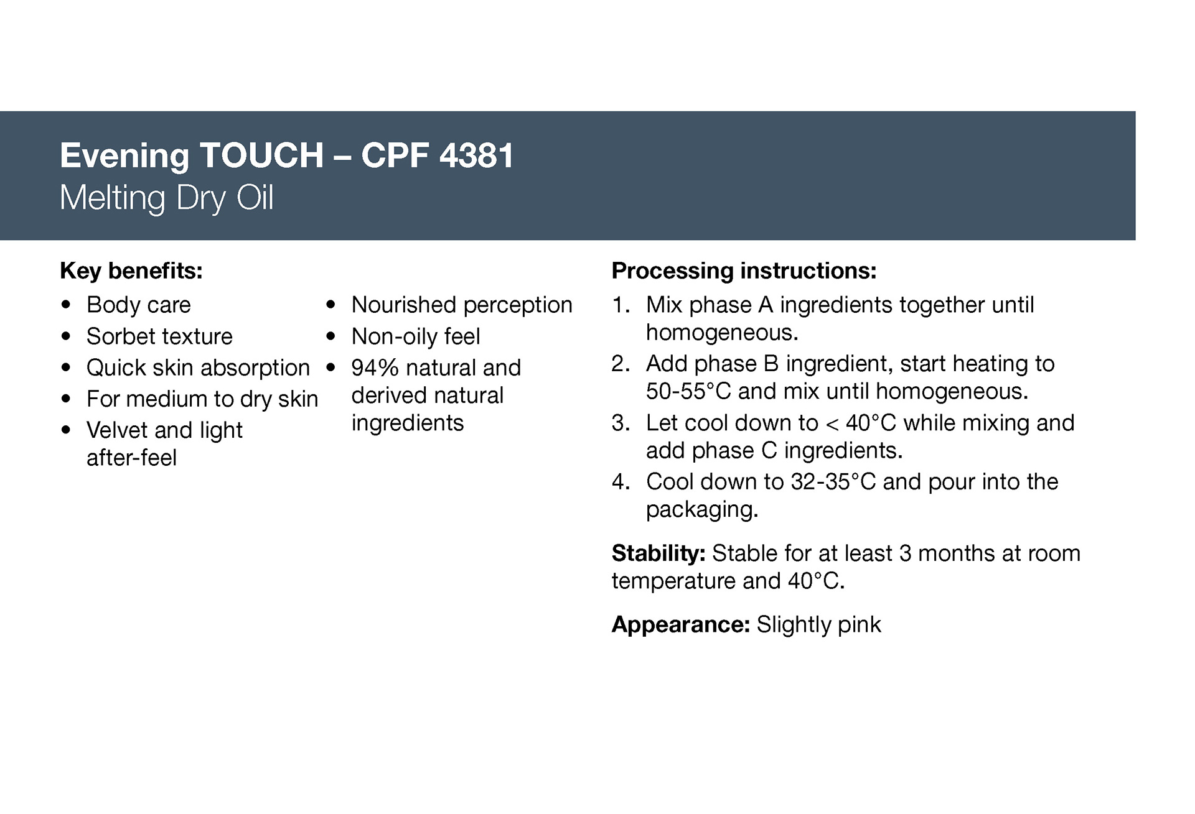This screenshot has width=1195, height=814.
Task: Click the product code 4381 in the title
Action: (x=476, y=155)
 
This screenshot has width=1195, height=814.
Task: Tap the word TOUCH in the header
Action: (x=261, y=155)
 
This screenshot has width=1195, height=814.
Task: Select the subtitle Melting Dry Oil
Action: (x=167, y=198)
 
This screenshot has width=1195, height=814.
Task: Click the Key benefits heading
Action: (x=131, y=271)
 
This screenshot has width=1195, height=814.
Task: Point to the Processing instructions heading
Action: (x=744, y=271)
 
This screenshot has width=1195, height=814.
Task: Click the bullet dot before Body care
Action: (x=67, y=305)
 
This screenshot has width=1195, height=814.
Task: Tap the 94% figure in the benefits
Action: (x=375, y=368)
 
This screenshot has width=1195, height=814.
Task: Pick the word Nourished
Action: (x=404, y=305)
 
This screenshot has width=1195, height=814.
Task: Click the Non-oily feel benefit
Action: (x=416, y=336)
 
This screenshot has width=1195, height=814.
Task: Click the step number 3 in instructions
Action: (x=620, y=423)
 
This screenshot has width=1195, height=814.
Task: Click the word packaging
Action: (x=702, y=510)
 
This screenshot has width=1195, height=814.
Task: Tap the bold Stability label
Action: (x=658, y=553)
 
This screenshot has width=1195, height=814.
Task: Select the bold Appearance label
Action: (x=681, y=624)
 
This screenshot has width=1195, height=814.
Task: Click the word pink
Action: (x=860, y=624)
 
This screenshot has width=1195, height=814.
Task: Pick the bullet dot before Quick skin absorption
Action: (x=67, y=368)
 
